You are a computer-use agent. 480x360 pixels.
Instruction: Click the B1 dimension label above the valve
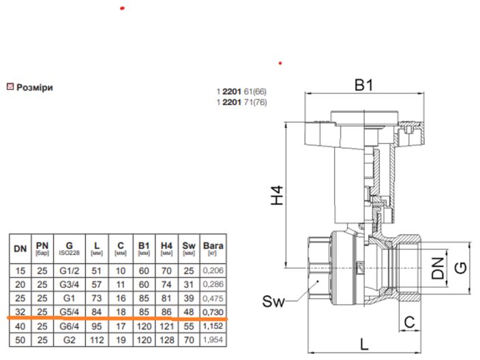(363, 85)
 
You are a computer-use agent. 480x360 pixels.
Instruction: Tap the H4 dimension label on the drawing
(277, 195)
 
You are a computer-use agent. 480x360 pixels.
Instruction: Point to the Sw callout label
(273, 301)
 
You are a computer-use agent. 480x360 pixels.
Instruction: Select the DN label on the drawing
(438, 268)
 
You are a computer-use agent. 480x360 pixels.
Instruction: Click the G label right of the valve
(461, 268)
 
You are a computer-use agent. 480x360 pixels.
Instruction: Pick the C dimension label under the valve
(410, 322)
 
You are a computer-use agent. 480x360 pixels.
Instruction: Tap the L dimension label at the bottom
(364, 344)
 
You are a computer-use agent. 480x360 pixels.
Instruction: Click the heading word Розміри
(35, 87)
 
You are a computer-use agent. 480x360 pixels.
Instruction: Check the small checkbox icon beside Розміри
(10, 87)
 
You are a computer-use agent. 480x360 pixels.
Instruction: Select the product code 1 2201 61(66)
(241, 91)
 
